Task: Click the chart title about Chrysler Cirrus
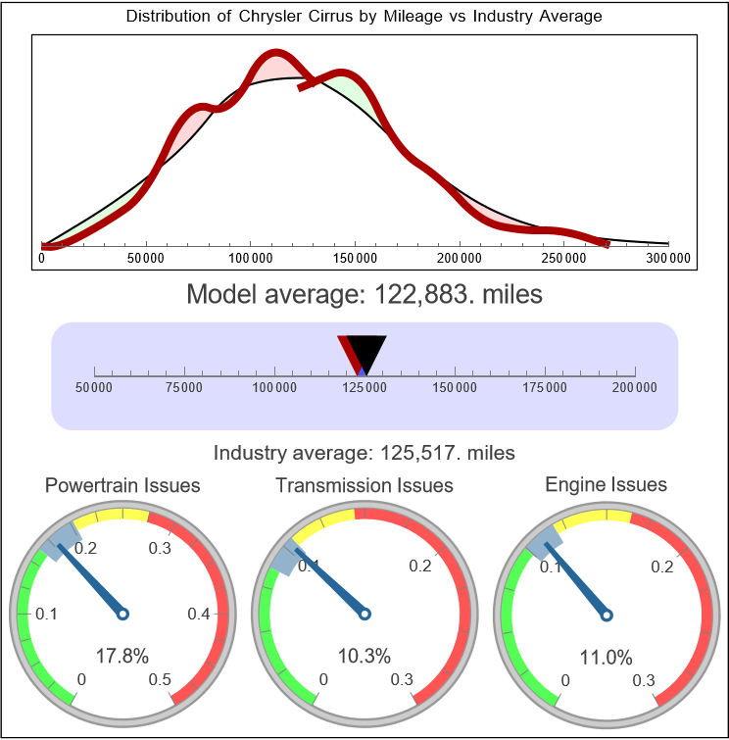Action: point(364,17)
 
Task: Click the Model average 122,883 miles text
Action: point(364,293)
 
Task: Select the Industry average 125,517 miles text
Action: point(364,453)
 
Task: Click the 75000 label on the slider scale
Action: point(184,388)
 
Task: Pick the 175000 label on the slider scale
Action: point(545,388)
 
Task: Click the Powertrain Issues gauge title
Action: point(122,485)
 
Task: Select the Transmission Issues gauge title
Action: point(364,485)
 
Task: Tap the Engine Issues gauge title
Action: point(606,484)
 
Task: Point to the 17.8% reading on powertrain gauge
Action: point(122,656)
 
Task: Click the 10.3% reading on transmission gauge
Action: point(364,656)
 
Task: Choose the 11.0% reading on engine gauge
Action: point(606,656)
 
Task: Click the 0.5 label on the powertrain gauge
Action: point(161,680)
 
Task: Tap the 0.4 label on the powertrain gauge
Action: point(200,615)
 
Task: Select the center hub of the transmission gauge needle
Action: point(364,614)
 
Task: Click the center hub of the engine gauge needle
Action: point(606,614)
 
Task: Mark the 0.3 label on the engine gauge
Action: point(644,680)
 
